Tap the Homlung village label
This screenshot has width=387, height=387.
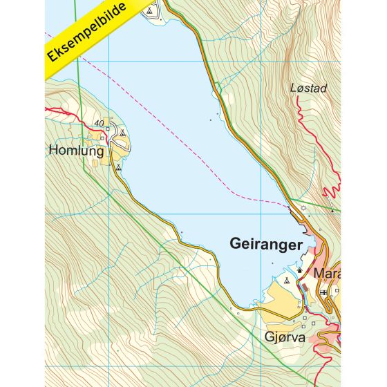coord(76,151)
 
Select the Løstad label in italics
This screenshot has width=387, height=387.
coord(308,88)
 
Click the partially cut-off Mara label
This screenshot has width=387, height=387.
coord(326,273)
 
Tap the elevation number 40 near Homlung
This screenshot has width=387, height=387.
coord(102,124)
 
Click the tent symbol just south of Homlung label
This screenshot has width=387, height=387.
coord(118,167)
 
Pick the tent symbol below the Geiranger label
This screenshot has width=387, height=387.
coord(287,281)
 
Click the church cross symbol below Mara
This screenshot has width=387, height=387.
coord(323,292)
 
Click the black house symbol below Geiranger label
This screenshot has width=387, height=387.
coord(299,270)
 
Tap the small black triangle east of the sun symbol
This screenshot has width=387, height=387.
coord(332,210)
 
